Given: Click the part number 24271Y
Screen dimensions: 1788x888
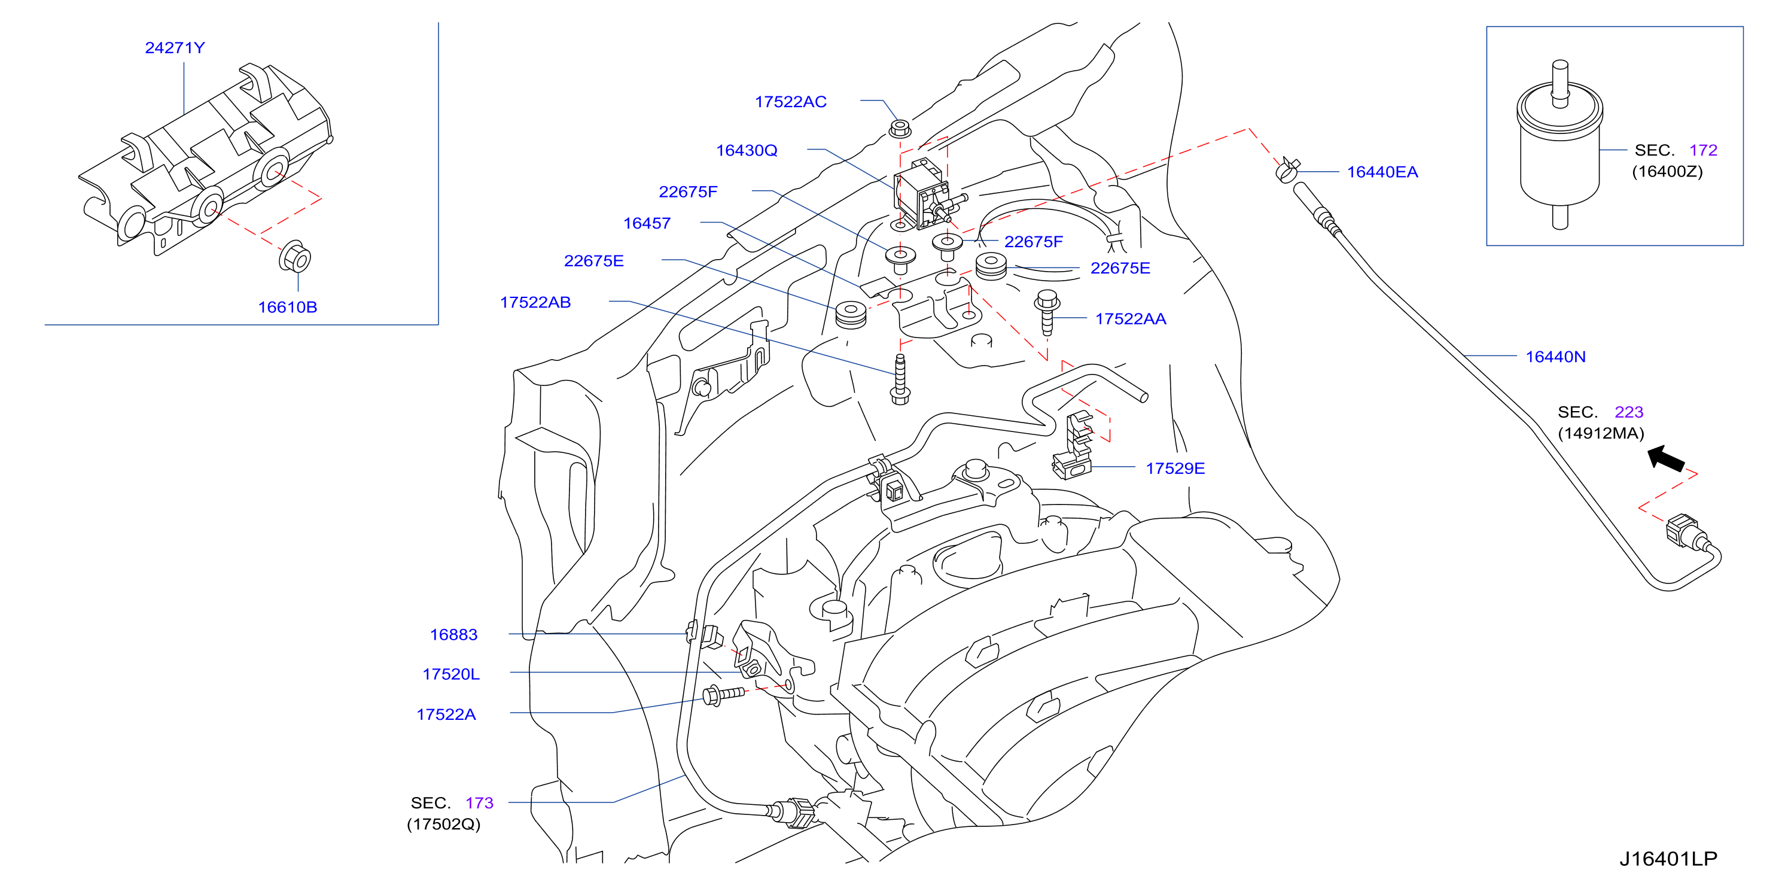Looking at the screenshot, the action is tap(175, 48).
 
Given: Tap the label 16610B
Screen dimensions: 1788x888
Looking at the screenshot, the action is tap(287, 307).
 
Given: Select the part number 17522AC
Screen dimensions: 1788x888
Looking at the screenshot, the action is tap(791, 102).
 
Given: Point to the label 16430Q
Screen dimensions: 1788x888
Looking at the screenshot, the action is tap(747, 151).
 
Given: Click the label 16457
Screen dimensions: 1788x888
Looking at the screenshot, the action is tap(647, 224).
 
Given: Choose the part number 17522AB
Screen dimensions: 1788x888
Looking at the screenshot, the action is tap(535, 303).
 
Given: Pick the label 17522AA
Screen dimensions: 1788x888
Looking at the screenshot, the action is tap(1131, 319).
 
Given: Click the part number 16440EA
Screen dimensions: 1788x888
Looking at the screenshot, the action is tap(1382, 172).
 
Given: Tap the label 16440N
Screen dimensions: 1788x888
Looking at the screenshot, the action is tap(1555, 357).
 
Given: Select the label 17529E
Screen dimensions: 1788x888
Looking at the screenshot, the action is tap(1175, 469).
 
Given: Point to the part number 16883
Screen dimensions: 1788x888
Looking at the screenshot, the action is tap(454, 634).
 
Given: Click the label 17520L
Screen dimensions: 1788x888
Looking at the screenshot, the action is tap(451, 674).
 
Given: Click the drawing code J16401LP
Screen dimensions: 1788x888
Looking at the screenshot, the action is tap(1668, 859).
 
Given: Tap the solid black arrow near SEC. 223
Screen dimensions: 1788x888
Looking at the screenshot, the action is tap(1667, 459).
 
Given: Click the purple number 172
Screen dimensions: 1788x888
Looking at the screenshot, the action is tap(1702, 150).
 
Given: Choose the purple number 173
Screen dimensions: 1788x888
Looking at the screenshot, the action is tap(479, 803).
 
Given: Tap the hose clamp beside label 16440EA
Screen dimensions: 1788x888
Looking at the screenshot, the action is tap(1287, 169).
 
